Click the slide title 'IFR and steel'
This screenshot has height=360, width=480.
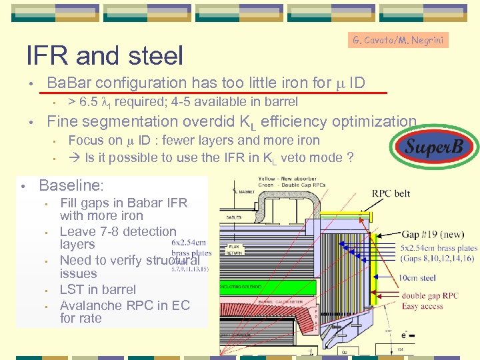pyautogui.click(x=104, y=55)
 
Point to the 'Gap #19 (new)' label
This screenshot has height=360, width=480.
pyautogui.click(x=431, y=234)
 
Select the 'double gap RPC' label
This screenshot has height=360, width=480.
pyautogui.click(x=430, y=296)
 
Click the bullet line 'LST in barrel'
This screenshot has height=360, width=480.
pyautogui.click(x=97, y=289)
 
